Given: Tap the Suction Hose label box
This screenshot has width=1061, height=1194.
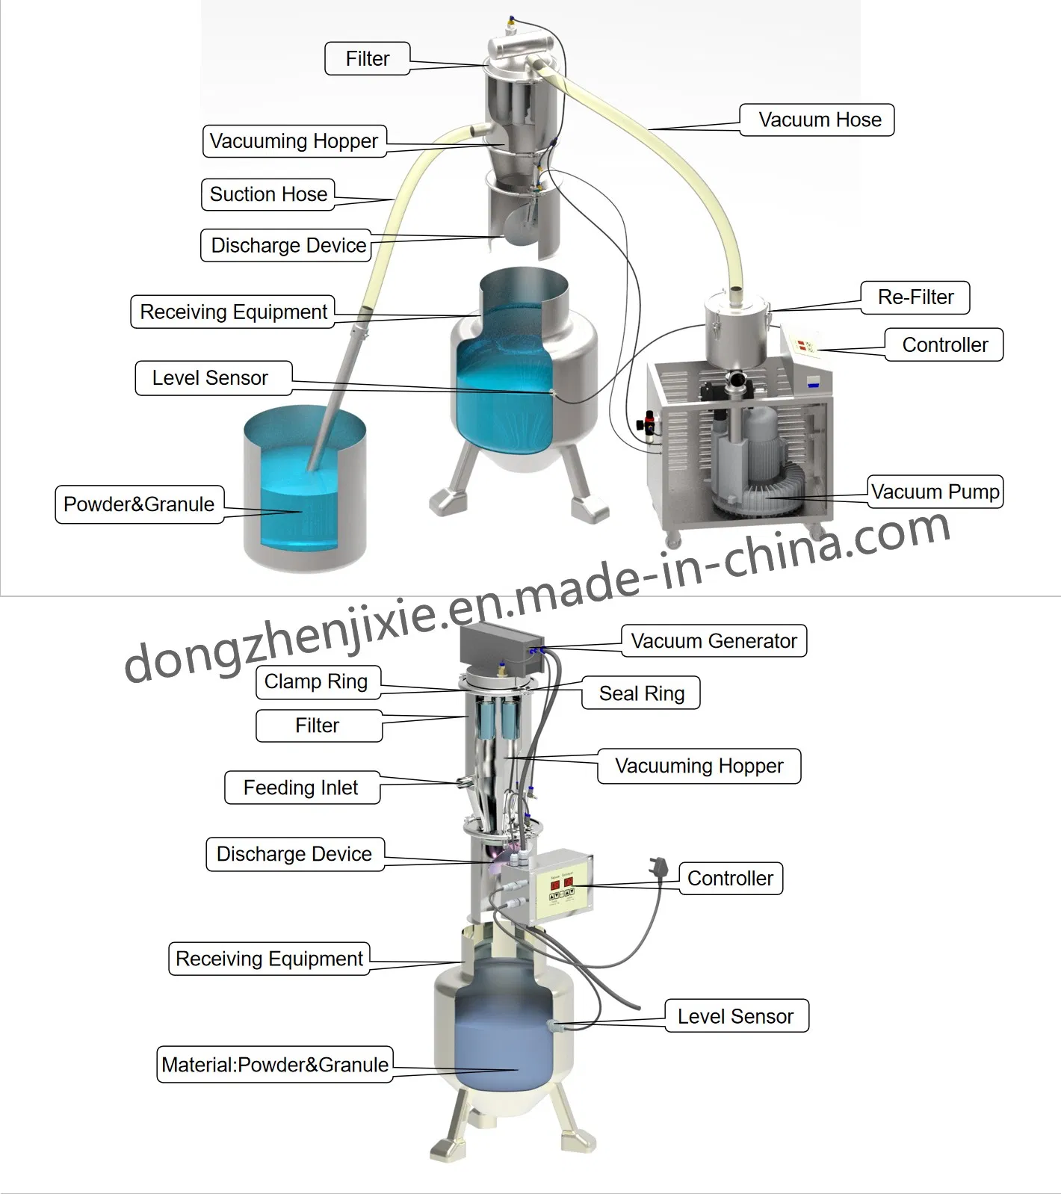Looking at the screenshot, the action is (267, 194).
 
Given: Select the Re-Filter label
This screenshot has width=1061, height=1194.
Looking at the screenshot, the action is (915, 297).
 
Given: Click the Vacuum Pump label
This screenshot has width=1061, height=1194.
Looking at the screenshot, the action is (935, 492).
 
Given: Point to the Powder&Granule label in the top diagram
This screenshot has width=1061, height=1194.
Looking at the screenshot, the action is (139, 504).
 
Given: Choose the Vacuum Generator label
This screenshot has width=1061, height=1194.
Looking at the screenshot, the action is (714, 641).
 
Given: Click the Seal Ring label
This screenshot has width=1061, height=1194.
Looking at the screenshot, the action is (641, 693).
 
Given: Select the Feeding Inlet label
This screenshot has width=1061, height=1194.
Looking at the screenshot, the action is (302, 788).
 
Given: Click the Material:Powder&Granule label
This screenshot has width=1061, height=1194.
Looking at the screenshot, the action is (275, 1064).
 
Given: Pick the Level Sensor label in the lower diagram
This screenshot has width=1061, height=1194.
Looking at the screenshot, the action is (737, 1016).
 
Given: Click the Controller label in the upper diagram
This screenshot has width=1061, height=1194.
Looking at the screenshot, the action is (944, 344).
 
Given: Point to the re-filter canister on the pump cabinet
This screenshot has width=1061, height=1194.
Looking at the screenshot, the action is (735, 330).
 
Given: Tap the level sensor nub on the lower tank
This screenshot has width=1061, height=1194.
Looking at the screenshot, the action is (554, 1027).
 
